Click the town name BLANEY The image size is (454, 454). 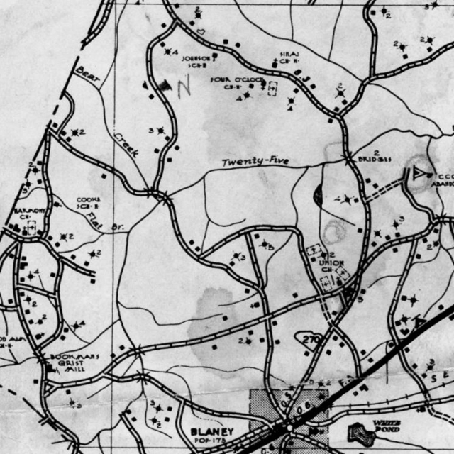(x=212, y=431)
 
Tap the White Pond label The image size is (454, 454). (x=387, y=426)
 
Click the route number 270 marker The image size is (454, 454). (x=311, y=340)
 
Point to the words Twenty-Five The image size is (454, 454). (x=256, y=162)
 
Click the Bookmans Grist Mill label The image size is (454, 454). (x=74, y=362)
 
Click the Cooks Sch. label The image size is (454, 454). (x=88, y=202)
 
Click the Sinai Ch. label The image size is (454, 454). (x=289, y=57)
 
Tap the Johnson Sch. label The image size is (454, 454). (x=196, y=61)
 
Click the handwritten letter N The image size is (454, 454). (x=184, y=87)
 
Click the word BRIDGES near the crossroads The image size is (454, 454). (x=375, y=159)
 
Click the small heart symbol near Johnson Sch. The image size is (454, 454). (x=201, y=32)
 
